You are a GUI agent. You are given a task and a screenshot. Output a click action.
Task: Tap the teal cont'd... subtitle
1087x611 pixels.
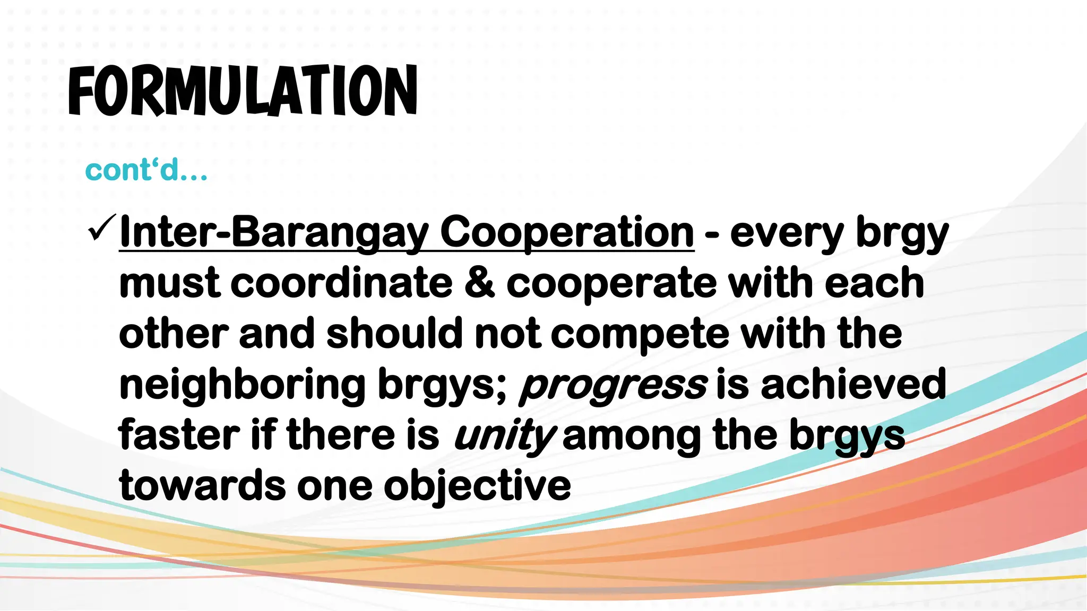pyautogui.click(x=146, y=171)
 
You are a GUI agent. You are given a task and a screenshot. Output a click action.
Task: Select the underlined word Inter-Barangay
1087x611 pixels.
pyautogui.click(x=274, y=233)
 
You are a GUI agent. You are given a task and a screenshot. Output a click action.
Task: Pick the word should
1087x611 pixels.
pyautogui.click(x=394, y=334)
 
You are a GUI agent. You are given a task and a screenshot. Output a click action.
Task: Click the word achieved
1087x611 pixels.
pyautogui.click(x=853, y=385)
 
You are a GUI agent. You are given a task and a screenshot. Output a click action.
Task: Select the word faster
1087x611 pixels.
pyautogui.click(x=179, y=435)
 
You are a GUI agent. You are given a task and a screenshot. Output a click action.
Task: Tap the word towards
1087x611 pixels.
pyautogui.click(x=202, y=486)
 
